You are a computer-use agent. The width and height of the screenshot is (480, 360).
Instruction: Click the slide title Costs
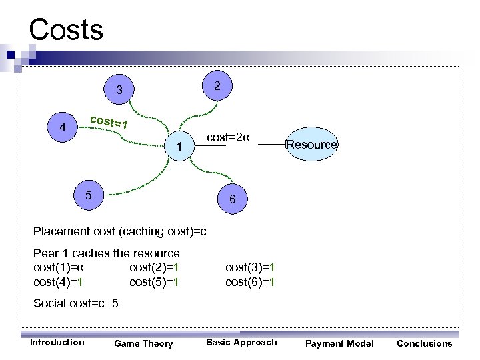pyautogui.click(x=66, y=30)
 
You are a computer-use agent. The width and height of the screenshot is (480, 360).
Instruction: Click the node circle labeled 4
pyautogui.click(x=62, y=127)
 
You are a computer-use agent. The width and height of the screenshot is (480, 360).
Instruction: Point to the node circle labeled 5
pyautogui.click(x=89, y=195)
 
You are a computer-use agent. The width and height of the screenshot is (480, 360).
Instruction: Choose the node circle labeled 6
pyautogui.click(x=231, y=199)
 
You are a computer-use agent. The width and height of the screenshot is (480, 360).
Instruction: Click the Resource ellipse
pyautogui.click(x=311, y=145)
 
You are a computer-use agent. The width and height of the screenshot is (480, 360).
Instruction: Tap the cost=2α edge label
pyautogui.click(x=228, y=137)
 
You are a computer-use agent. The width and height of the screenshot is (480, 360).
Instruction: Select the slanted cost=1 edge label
pyautogui.click(x=108, y=122)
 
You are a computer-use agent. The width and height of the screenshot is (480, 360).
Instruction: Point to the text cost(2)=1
pyautogui.click(x=154, y=268)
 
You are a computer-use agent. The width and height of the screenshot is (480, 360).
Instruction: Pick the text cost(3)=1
pyautogui.click(x=250, y=268)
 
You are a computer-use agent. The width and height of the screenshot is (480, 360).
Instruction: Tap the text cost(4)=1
pyautogui.click(x=58, y=282)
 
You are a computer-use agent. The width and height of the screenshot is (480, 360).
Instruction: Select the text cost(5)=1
pyautogui.click(x=154, y=282)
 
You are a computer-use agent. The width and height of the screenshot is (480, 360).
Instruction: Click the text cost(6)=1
pyautogui.click(x=250, y=282)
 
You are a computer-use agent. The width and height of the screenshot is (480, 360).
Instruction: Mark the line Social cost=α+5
pyautogui.click(x=76, y=304)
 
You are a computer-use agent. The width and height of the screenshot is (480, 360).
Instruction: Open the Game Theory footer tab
pyautogui.click(x=143, y=344)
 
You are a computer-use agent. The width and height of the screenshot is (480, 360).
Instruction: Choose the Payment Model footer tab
pyautogui.click(x=339, y=343)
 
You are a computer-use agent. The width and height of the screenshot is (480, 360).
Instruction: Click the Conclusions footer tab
pyautogui.click(x=424, y=343)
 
